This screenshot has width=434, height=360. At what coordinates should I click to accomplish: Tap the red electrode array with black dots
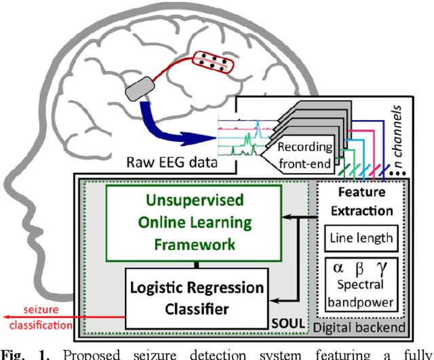point(214,64)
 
